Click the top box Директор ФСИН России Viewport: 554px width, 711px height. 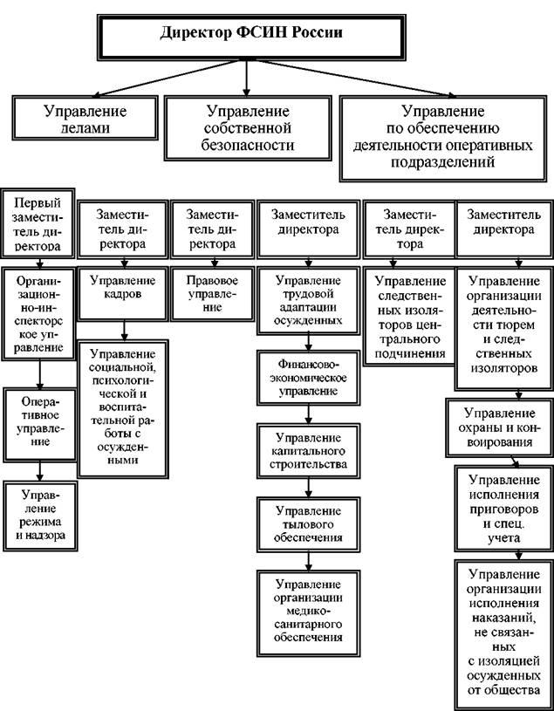pyautogui.click(x=251, y=38)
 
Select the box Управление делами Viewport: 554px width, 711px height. pyautogui.click(x=85, y=118)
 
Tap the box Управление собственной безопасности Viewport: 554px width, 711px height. pyautogui.click(x=248, y=128)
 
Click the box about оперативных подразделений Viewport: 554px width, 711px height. pyautogui.click(x=443, y=139)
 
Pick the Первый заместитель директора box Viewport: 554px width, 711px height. pyautogui.click(x=38, y=223)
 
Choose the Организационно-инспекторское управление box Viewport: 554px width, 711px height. pyautogui.click(x=38, y=314)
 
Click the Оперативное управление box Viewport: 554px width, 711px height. pyautogui.click(x=40, y=425)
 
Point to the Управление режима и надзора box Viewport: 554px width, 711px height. pyautogui.click(x=40, y=516)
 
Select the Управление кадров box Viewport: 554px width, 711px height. pyautogui.click(x=122, y=294)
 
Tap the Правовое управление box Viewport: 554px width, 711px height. pyautogui.click(x=212, y=294)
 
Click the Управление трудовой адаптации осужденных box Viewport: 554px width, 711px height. pyautogui.click(x=308, y=301)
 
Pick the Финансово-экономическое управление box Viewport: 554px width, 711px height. pyautogui.click(x=308, y=377)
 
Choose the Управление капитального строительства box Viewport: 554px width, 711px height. pyautogui.click(x=308, y=451)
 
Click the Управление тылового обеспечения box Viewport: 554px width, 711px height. pyautogui.click(x=308, y=524)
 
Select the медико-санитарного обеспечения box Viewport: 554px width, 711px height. pyautogui.click(x=308, y=613)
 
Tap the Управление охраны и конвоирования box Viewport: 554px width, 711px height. pyautogui.click(x=499, y=427)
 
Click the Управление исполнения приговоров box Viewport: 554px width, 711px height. pyautogui.click(x=504, y=509)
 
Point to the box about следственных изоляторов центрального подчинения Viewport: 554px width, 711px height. pyautogui.click(x=409, y=316)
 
